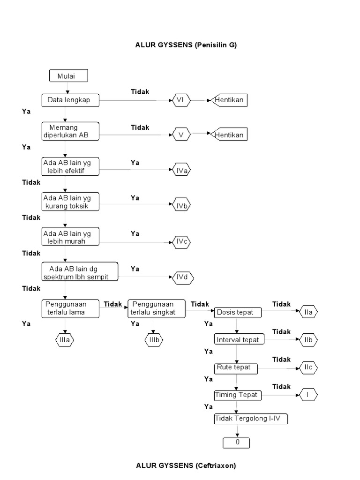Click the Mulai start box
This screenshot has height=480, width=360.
68,75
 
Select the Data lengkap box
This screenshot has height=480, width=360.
70,100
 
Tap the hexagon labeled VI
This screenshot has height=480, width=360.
181,100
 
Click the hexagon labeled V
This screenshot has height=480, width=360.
181,135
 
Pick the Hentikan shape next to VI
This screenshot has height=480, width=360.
229,100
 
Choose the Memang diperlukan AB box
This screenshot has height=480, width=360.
70,131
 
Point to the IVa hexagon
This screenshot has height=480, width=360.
181,170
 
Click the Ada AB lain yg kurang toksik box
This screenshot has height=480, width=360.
70,202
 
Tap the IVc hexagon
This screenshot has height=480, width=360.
181,242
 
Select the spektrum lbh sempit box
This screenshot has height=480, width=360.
80,271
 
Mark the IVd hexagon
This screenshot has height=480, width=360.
183,277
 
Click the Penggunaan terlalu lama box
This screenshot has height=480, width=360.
70,308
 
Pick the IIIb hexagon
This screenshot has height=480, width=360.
154,340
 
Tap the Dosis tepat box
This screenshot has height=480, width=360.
238,313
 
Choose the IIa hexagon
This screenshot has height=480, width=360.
308,312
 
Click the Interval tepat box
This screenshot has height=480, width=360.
239,339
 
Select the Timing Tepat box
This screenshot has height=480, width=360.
238,395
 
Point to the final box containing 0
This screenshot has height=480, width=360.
236,443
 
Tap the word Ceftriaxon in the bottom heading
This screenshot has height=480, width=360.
215,465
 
